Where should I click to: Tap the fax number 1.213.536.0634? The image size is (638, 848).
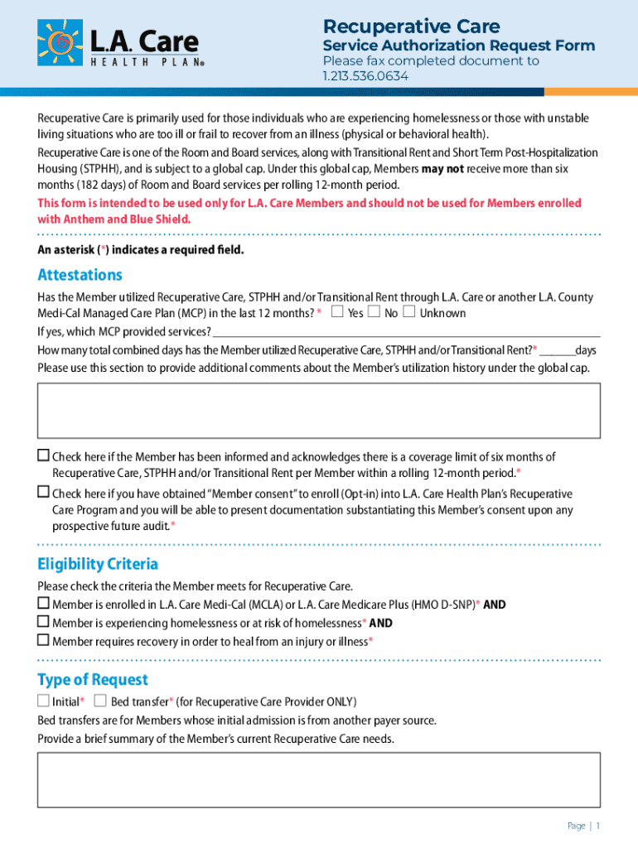365,76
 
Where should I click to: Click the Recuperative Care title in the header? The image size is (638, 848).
411,26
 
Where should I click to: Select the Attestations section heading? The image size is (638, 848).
80,275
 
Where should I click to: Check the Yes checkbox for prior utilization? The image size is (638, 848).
337,312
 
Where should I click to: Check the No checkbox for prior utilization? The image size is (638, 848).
374,312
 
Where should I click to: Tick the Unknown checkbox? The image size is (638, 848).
409,312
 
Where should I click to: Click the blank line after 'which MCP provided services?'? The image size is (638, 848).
406,333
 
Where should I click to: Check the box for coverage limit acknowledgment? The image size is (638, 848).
43,455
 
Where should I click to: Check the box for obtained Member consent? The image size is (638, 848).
43,493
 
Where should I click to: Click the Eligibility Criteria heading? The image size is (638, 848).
98,565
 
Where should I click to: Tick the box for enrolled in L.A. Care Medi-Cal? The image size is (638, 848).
43,604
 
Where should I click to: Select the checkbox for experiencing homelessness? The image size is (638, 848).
43,622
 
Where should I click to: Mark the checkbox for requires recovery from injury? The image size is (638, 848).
43,640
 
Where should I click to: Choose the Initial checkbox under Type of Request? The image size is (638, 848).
43,701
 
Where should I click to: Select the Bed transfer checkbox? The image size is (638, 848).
100,701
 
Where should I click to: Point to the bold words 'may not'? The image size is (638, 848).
442,168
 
